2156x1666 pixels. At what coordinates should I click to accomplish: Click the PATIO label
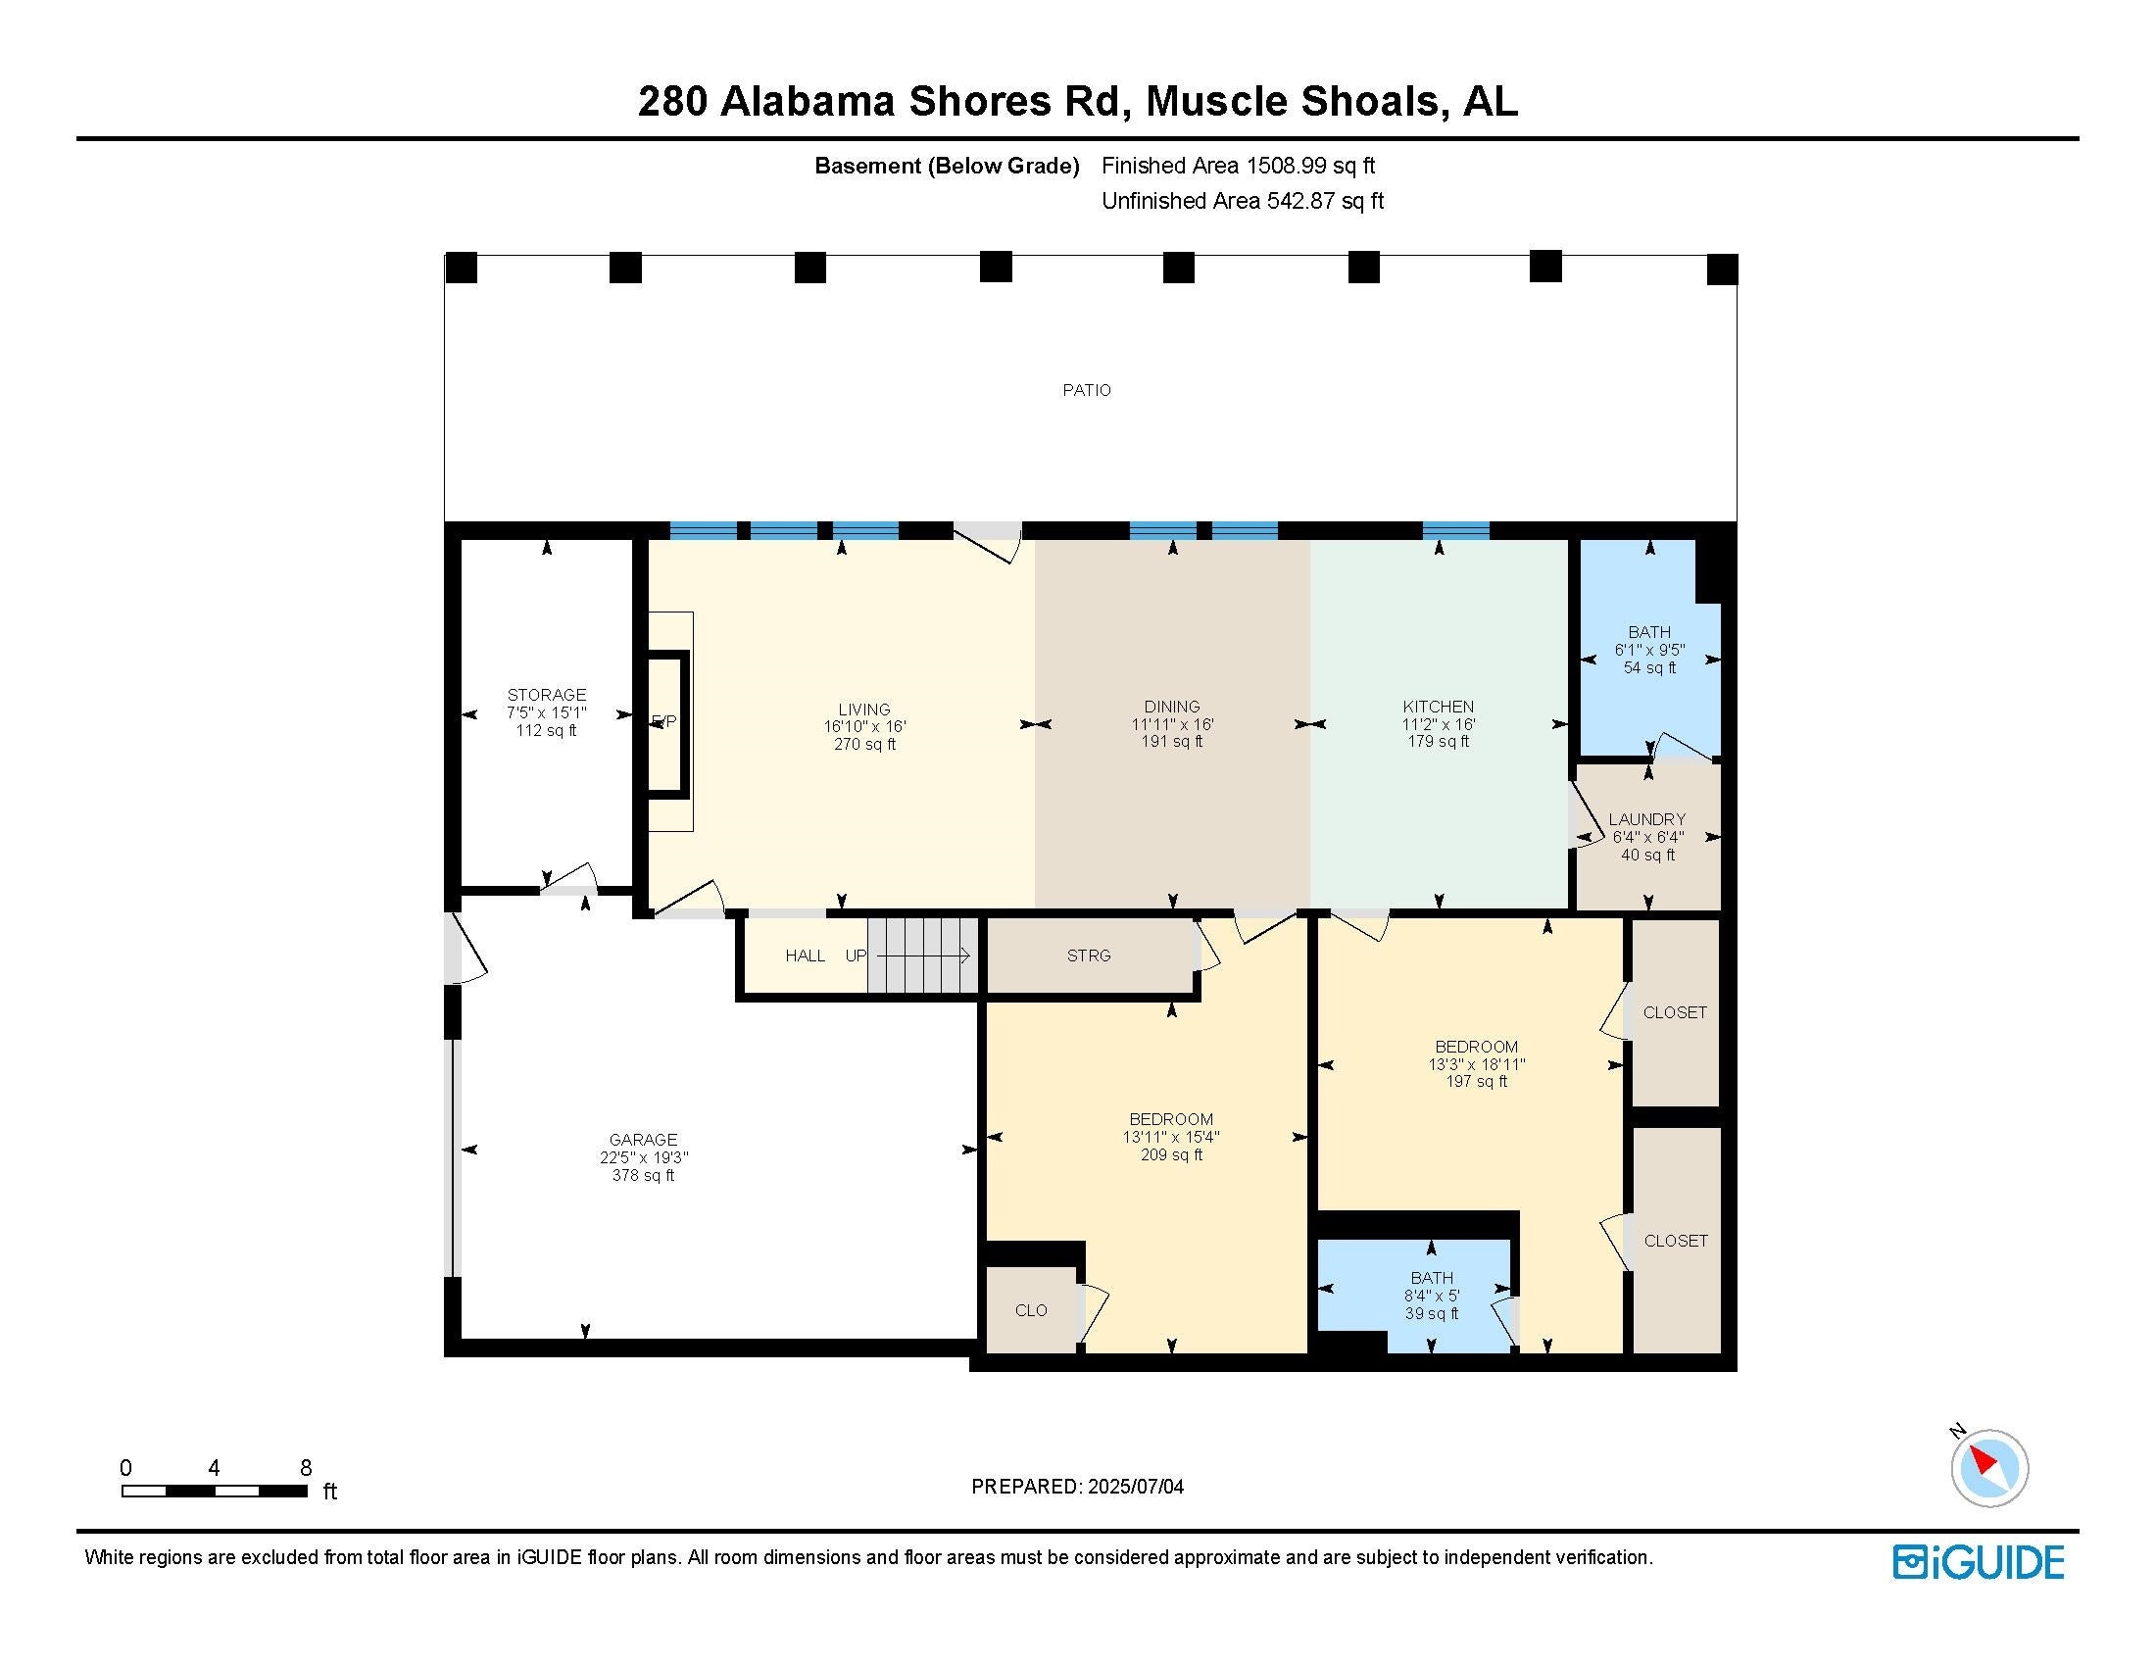click(1086, 390)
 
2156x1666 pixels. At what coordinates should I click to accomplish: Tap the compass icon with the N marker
click(1988, 1468)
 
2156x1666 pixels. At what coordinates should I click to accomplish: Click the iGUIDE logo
click(1979, 1562)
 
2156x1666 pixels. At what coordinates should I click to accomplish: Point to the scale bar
click(215, 1491)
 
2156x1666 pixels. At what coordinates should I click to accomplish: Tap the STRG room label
click(1089, 955)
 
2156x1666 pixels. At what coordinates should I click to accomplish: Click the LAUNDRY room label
click(1646, 819)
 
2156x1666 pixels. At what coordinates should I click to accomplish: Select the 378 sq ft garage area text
click(643, 1175)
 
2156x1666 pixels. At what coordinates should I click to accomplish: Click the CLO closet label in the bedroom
click(1031, 1310)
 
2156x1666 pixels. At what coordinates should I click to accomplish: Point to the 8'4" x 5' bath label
click(1432, 1296)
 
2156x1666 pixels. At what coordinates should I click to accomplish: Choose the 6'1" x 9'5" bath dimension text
click(1649, 651)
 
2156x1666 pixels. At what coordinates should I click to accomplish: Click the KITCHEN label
click(1439, 707)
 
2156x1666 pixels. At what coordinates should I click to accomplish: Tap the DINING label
click(1172, 707)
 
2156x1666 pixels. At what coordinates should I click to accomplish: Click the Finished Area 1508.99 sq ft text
click(1238, 166)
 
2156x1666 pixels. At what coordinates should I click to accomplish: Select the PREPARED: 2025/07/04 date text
click(1077, 1487)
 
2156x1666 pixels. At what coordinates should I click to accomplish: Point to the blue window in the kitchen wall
click(1455, 531)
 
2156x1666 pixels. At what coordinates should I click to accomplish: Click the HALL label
click(805, 955)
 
